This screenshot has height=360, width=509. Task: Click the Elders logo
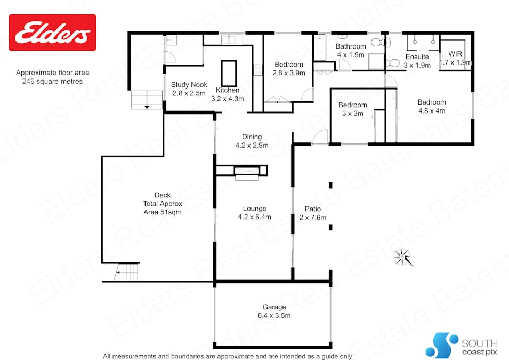click(x=52, y=33)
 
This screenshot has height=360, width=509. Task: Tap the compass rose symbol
click(x=403, y=257)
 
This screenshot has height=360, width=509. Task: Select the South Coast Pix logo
click(x=461, y=345)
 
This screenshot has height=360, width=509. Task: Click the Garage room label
click(x=274, y=311)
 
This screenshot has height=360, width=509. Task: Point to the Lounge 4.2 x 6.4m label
click(x=254, y=213)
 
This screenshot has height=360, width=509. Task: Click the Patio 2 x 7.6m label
click(x=312, y=213)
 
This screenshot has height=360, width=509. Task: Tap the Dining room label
click(x=252, y=141)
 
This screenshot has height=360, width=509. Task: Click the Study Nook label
click(x=189, y=89)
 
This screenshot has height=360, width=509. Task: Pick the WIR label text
click(x=455, y=58)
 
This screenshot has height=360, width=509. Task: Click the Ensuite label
click(x=417, y=61)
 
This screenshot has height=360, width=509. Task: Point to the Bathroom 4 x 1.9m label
click(x=350, y=50)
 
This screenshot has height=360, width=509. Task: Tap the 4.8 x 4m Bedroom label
click(x=432, y=107)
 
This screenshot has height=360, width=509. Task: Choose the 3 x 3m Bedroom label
click(x=352, y=109)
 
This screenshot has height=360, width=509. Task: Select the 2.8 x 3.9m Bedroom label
click(x=289, y=69)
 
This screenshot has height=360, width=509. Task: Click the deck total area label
click(x=162, y=203)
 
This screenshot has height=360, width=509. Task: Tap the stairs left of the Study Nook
click(x=147, y=100)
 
